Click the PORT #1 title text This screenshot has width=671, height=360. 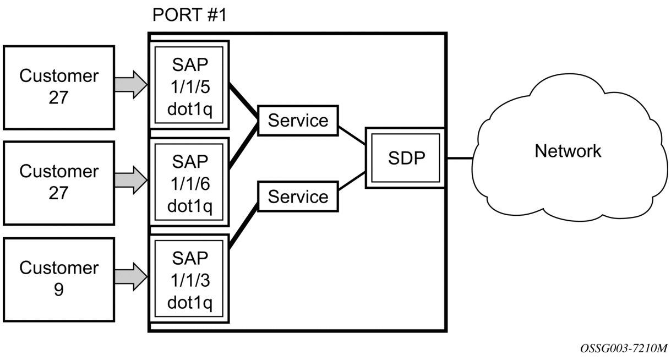[189, 15]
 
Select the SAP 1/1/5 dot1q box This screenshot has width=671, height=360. [189, 85]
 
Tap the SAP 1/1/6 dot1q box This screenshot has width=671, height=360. [189, 182]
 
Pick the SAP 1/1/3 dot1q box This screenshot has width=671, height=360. [189, 279]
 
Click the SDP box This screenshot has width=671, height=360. [406, 158]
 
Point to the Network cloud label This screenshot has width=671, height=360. [568, 151]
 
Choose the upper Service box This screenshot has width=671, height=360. [298, 121]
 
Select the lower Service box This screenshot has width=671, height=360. [298, 197]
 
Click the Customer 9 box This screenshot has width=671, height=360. [59, 280]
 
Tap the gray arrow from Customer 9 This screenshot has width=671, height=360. [131, 277]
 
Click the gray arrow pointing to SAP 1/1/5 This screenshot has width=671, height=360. [131, 85]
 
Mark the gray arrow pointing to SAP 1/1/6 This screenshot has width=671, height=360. [131, 181]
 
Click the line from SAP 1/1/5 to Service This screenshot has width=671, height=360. [243, 101]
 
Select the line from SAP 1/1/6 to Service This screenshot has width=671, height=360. [243, 146]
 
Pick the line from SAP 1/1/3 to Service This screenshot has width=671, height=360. [243, 226]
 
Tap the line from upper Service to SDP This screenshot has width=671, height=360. [352, 135]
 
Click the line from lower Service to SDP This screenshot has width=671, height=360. [352, 181]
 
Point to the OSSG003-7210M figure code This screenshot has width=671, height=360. [624, 348]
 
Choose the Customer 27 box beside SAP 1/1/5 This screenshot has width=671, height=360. [59, 88]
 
